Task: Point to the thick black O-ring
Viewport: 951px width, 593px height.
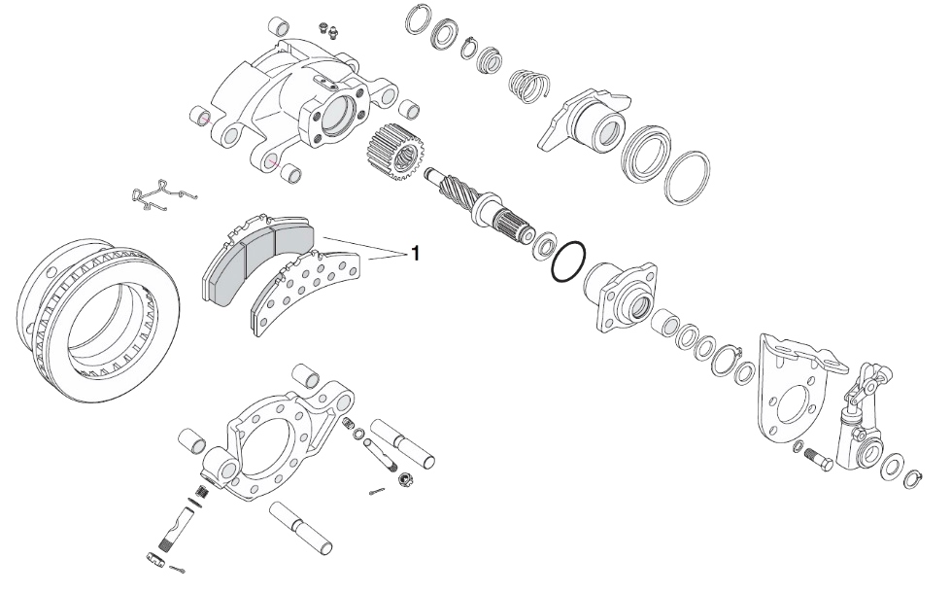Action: click(568, 262)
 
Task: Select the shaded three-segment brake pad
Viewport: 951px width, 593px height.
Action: click(256, 258)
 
